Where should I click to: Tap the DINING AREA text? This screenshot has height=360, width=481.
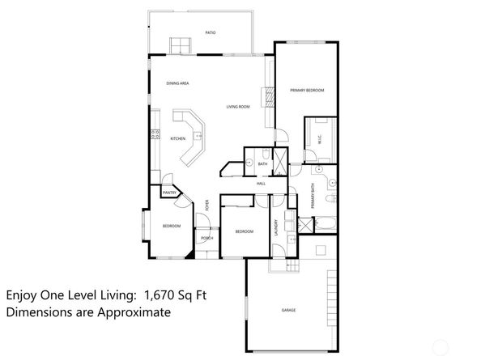(177, 83)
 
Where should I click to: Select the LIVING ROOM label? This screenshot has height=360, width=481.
(237, 106)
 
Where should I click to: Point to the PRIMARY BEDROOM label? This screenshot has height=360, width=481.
(307, 91)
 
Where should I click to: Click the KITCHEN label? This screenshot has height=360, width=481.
(178, 138)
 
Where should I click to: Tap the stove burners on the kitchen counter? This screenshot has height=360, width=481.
(153, 134)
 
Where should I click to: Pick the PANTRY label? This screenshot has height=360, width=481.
(169, 193)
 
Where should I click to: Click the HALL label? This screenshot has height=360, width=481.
(261, 184)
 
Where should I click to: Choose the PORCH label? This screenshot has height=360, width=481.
(206, 238)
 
